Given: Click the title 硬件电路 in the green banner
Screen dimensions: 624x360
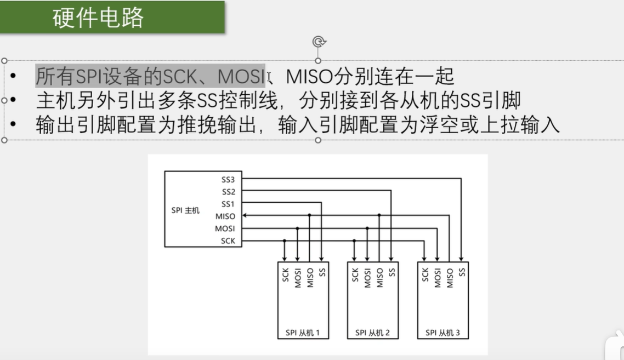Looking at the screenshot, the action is point(99,18).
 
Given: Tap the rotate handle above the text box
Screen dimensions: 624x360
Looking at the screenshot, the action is point(318,42).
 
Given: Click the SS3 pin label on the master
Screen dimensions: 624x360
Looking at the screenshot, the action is point(228,179).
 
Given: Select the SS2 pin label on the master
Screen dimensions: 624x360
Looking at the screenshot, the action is point(228,192).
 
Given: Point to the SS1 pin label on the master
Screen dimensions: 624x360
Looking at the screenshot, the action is point(228,204).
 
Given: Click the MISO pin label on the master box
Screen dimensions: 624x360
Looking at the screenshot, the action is point(225,216).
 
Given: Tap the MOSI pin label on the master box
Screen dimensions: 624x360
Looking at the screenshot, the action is point(225,228).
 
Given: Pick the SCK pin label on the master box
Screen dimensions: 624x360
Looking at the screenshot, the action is point(228,241).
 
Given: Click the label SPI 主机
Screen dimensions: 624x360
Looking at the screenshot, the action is point(185,210).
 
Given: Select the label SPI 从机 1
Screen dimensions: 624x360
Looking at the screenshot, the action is point(303,333).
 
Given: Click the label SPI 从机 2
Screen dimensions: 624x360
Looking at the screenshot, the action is point(372,333).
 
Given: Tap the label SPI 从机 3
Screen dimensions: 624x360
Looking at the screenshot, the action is point(443,333).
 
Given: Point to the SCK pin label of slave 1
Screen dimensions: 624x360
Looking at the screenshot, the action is point(285,275).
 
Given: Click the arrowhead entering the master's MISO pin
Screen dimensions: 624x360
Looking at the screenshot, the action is point(245,216).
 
